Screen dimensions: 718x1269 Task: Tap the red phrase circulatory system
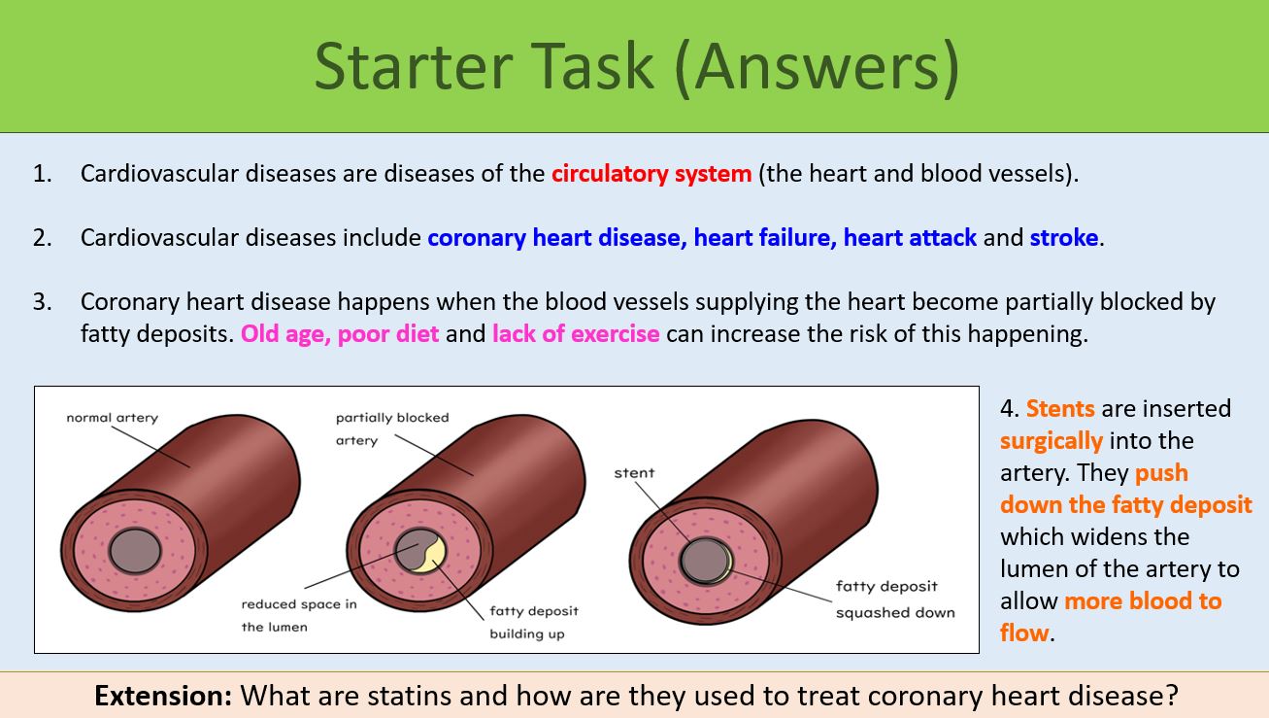pos(651,174)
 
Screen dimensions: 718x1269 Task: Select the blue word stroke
pos(1064,238)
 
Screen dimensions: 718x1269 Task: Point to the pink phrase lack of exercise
pos(576,334)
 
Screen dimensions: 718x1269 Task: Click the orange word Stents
pos(1060,408)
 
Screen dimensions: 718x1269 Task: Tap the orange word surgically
pos(1052,440)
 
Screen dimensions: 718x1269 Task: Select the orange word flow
pos(1024,633)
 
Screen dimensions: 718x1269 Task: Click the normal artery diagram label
pos(112,418)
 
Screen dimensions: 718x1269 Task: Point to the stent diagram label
pos(634,472)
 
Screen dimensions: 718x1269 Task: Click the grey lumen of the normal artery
pos(135,552)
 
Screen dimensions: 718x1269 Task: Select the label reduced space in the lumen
pos(298,615)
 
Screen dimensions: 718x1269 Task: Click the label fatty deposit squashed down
pos(894,599)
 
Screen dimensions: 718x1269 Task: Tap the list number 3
pos(41,302)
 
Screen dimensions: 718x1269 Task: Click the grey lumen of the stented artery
pos(701,560)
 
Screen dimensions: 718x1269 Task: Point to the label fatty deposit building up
pos(533,622)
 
